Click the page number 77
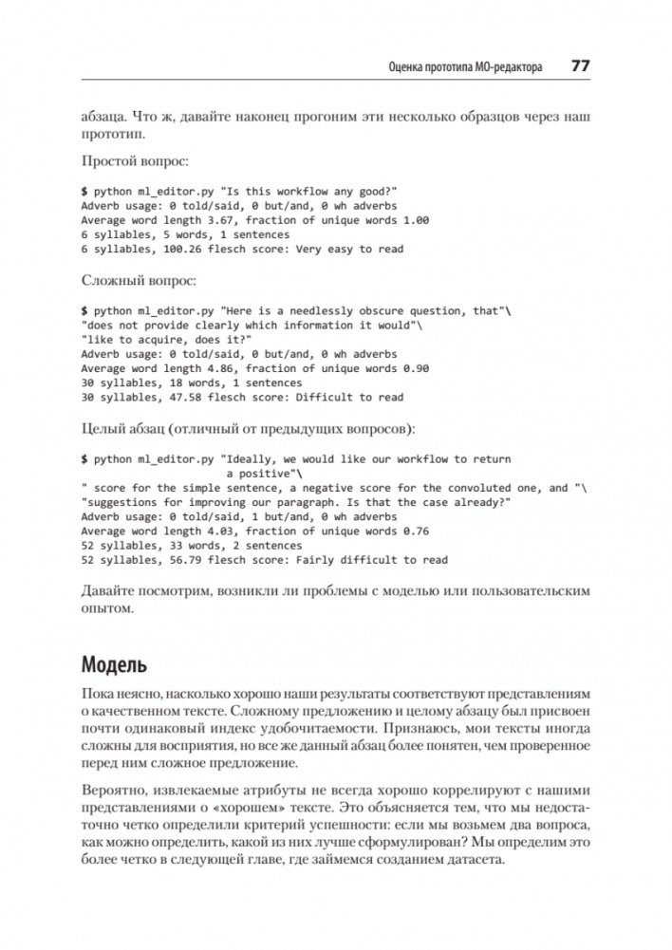580,67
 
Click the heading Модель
114,663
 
